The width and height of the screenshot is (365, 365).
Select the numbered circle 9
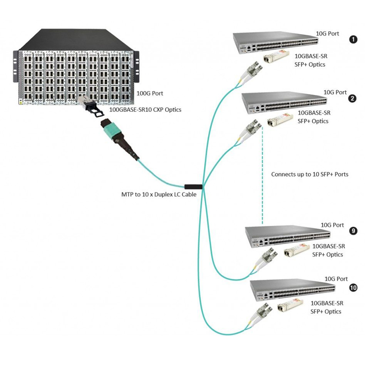point(353,231)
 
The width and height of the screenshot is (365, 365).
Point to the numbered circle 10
point(353,287)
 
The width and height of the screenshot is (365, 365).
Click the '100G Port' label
point(149,93)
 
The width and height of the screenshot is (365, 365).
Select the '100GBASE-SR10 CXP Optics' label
point(145,109)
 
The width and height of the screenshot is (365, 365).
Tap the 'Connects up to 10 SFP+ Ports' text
point(310,174)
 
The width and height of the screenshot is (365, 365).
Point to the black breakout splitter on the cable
point(193,186)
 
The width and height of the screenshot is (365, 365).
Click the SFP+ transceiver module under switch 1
point(276,57)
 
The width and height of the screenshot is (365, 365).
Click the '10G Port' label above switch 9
point(332,225)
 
